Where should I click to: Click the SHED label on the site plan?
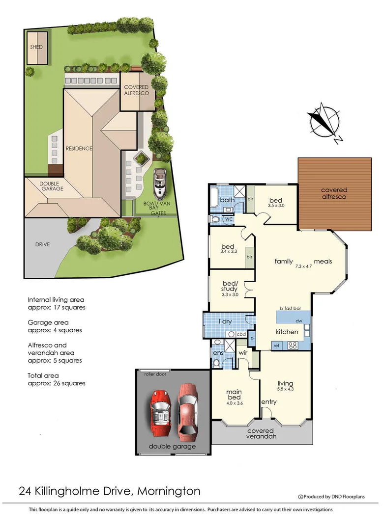(36, 47)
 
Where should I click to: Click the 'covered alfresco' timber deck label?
(334, 193)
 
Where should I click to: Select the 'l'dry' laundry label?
(226, 321)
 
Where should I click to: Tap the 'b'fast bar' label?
(290, 308)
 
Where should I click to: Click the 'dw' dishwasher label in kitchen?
(298, 321)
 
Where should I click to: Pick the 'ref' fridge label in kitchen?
(276, 345)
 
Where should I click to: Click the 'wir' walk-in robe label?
(242, 352)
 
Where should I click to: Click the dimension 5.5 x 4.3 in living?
(285, 390)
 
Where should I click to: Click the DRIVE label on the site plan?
(42, 244)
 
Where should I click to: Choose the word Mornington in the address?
(169, 491)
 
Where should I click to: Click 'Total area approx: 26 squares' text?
(57, 379)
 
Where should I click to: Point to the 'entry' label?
(269, 402)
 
